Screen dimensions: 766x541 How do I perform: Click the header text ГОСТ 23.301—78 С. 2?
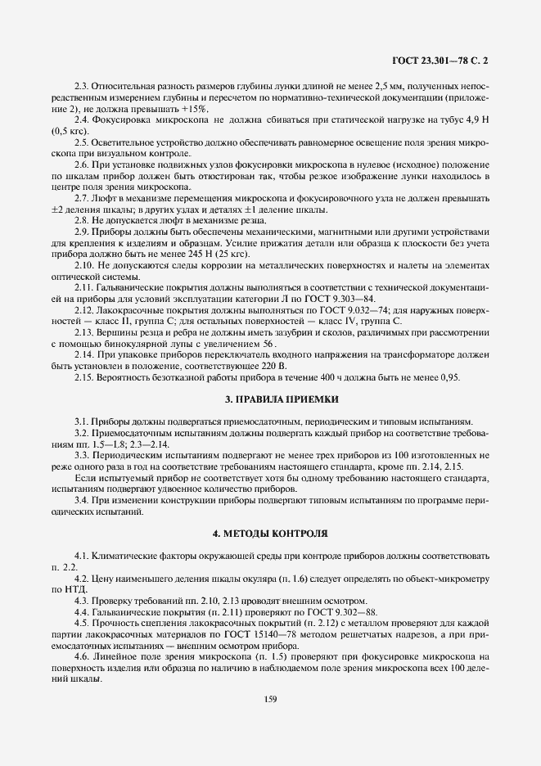pos(445,60)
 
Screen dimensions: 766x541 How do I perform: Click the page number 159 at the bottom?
pos(270,698)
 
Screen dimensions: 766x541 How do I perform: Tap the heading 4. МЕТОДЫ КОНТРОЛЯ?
pos(270,533)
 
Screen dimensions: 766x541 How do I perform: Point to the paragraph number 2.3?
pos(81,86)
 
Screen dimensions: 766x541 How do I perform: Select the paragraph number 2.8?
pos(81,220)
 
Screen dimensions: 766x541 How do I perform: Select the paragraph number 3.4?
pos(81,499)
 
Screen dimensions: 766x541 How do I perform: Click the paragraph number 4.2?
pos(81,578)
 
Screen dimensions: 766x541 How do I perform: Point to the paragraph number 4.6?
pos(81,656)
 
